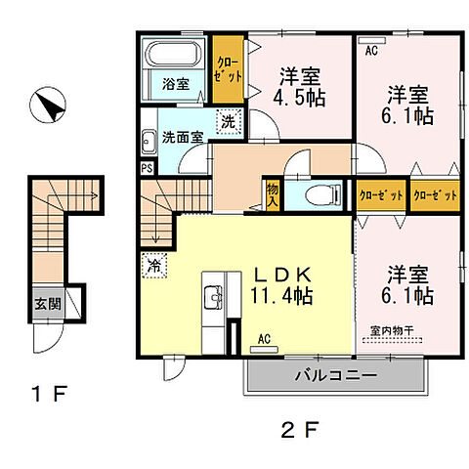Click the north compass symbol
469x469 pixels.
click(x=48, y=105)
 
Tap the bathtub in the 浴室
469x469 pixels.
click(x=173, y=53)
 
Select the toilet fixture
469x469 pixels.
click(x=322, y=195)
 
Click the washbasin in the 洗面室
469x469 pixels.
click(x=149, y=142)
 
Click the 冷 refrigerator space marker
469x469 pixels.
click(x=154, y=266)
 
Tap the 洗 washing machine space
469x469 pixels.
click(x=229, y=122)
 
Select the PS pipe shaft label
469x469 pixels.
click(x=147, y=168)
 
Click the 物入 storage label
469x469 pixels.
click(x=272, y=194)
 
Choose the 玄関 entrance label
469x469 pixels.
click(x=48, y=304)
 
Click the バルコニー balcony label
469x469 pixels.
click(x=336, y=375)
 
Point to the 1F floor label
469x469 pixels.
click(x=49, y=394)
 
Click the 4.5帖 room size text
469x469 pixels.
click(x=299, y=97)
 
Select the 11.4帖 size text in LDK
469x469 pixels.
click(x=281, y=296)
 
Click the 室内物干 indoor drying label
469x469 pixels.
click(x=392, y=330)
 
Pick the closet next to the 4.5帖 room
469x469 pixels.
click(x=228, y=69)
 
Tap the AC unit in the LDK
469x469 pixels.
click(x=264, y=350)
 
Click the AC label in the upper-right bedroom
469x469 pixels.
click(x=371, y=51)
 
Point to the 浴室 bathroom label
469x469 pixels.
click(x=176, y=84)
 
